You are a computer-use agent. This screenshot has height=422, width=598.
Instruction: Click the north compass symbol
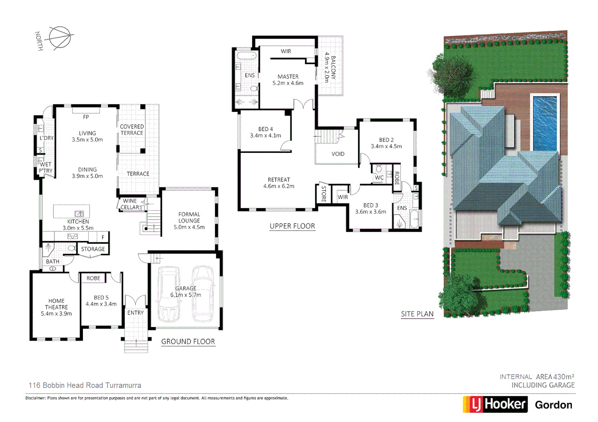[59, 38]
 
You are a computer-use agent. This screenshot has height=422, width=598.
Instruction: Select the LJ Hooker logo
[495, 404]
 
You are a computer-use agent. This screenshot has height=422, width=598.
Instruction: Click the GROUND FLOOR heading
[188, 342]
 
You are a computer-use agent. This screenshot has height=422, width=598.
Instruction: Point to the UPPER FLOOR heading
[292, 226]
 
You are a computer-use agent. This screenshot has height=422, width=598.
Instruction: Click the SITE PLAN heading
[417, 314]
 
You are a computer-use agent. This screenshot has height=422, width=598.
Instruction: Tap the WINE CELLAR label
[130, 204]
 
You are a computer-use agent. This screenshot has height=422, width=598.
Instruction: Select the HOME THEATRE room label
[56, 304]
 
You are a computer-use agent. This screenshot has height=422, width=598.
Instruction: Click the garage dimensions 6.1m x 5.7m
[186, 295]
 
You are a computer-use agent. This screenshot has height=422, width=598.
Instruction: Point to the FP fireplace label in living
[86, 117]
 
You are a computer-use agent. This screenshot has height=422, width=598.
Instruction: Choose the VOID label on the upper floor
[338, 154]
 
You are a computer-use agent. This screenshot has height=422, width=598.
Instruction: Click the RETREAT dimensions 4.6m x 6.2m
[279, 186]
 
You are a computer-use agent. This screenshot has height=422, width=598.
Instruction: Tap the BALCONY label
[333, 67]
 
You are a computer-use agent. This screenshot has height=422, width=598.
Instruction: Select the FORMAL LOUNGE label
[189, 217]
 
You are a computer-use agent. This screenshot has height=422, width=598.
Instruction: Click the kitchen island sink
[79, 213]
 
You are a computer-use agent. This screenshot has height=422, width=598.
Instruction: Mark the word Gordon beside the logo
[553, 405]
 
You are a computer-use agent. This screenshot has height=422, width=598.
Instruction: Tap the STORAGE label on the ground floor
[93, 249]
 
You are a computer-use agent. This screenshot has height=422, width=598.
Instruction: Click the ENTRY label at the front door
[135, 313]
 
